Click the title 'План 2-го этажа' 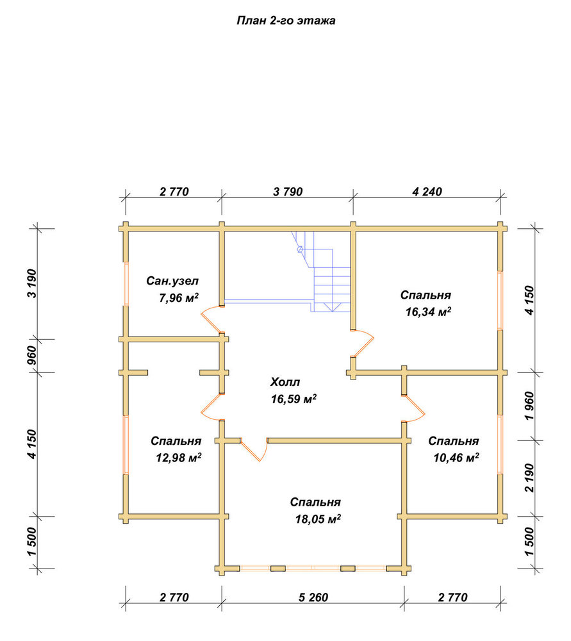coord(286,21)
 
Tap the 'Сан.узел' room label coord(172,281)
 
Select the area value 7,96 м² coord(179,298)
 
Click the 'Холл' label coord(285,382)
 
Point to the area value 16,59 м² coord(294,399)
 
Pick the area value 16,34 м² coord(428,312)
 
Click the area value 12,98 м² coord(179,458)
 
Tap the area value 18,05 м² coord(318,519)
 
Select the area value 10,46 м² coord(456,458)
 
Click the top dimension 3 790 coord(288,192)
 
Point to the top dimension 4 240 coord(427,192)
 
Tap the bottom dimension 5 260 coord(313,597)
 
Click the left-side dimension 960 coord(32,356)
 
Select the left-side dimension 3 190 coord(32,283)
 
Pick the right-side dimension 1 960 coord(529,406)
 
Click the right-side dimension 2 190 coord(529,478)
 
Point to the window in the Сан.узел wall coord(126,284)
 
